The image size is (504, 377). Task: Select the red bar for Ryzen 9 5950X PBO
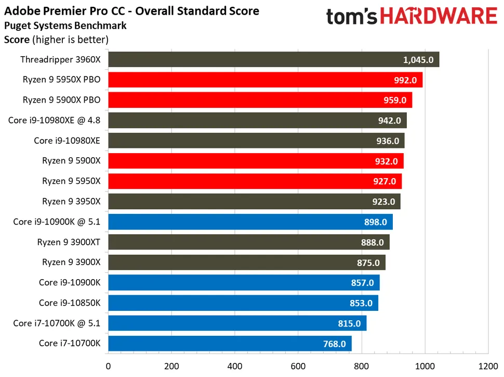260,80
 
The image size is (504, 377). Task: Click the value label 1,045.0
418,60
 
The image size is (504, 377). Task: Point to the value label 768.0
333,344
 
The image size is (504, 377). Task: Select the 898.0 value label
375,222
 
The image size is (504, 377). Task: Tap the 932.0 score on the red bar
386,161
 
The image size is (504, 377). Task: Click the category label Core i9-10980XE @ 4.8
54,120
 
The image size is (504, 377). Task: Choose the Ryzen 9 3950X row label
71,202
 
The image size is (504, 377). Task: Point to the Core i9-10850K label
70,303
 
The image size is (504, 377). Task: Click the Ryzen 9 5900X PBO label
61,100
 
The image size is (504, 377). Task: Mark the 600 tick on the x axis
298,366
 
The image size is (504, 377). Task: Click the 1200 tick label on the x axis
488,366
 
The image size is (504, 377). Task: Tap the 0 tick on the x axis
108,366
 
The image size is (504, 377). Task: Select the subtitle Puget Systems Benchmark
65,25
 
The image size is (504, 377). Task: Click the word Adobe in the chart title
21,10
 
